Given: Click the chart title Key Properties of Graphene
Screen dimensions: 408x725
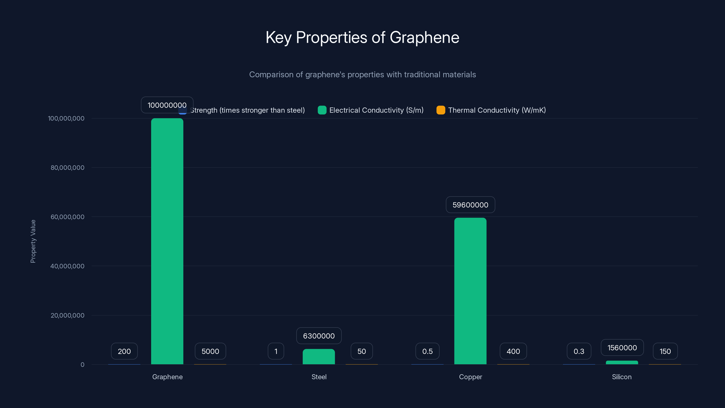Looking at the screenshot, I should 362,37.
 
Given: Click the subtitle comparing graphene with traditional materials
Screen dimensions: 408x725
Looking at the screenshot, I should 362,75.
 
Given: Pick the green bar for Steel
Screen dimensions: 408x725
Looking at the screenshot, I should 319,357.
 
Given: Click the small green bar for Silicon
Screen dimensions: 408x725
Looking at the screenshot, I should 622,362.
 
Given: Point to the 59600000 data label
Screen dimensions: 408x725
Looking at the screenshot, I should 470,205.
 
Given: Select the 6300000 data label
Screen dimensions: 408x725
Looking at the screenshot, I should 319,336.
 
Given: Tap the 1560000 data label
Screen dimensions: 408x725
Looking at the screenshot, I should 622,348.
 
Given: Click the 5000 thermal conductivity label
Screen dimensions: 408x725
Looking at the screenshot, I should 210,351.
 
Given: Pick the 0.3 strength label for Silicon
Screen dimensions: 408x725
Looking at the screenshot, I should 579,351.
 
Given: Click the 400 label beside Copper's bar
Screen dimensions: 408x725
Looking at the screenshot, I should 513,351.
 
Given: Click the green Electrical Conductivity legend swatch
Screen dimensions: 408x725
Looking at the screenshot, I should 322,110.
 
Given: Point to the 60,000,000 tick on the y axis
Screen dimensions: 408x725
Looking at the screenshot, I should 67,217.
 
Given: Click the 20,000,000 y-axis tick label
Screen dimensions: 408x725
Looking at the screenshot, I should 67,315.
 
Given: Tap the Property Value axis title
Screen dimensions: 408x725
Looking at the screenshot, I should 33,241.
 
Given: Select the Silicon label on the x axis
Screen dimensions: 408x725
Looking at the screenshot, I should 621,377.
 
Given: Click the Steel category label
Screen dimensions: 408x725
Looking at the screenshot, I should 319,377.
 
